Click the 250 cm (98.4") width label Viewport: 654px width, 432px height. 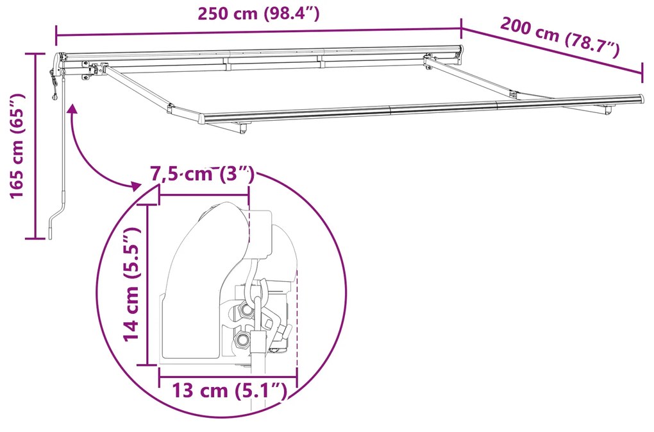pos(258,13)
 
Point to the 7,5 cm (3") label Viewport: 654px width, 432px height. pos(203,175)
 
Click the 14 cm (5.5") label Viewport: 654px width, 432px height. pos(131,284)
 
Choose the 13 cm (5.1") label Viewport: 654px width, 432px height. pos(228,390)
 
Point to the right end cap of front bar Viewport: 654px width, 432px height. pos(639,99)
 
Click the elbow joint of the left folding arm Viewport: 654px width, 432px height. pos(169,108)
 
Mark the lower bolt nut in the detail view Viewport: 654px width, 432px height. pos(242,338)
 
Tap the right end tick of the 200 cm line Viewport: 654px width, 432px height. pos(642,73)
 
